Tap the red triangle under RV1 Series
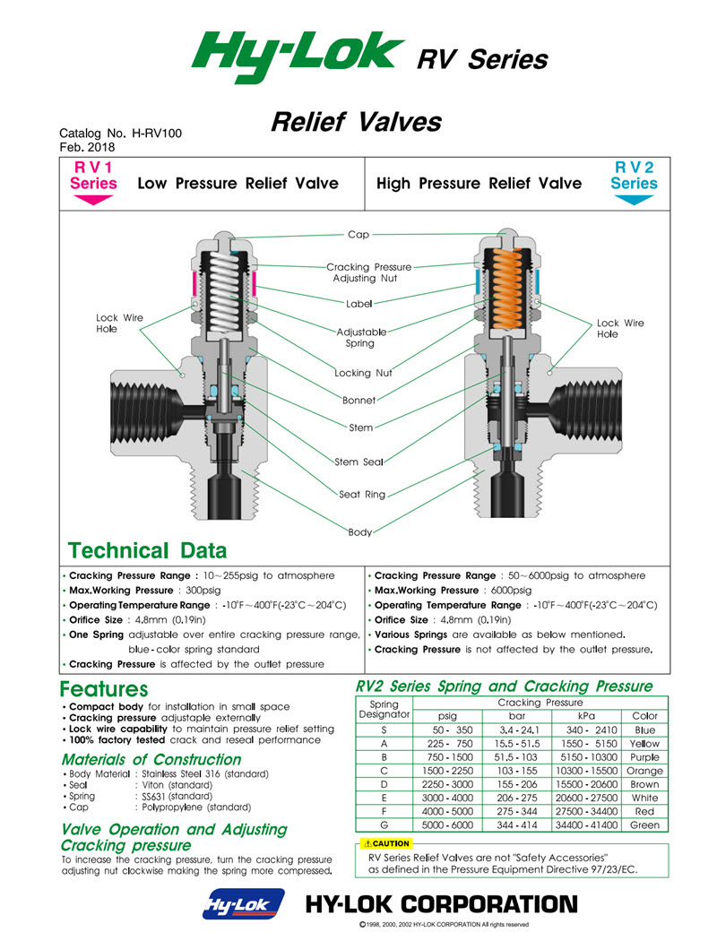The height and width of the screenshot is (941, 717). coord(93,200)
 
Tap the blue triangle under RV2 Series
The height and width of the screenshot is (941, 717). coord(634,200)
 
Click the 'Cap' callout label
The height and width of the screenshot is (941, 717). coord(358,235)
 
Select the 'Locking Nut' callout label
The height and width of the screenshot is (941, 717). coord(363,373)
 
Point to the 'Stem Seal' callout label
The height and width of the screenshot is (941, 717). coord(359,462)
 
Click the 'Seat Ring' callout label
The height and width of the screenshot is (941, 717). coord(362,494)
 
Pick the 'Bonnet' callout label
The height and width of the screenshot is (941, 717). coord(358,400)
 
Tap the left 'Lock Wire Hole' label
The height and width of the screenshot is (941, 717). coord(119,324)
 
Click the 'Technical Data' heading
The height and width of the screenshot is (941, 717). coord(148,550)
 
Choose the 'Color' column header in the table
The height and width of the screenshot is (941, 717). coord(644,716)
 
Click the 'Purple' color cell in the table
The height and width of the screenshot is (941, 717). coord(644,757)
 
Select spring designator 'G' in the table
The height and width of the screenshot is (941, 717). coord(384,824)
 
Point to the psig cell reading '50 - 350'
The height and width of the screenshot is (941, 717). coord(446,730)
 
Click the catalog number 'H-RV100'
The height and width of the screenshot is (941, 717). coord(157,133)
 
